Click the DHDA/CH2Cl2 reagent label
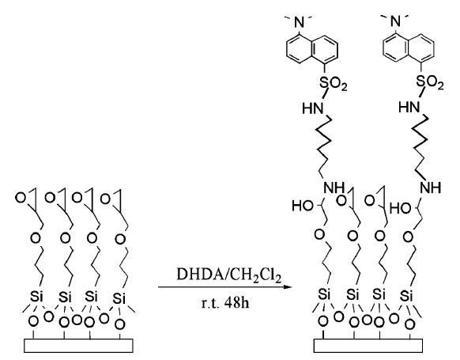pos(229,275)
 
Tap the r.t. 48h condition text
pos(225,302)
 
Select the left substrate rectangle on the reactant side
pos(78,346)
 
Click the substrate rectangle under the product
pos(368,346)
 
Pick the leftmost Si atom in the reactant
pos(36,297)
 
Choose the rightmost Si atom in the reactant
pos(119,298)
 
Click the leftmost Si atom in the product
pos(325,294)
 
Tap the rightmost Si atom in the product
pos(406,296)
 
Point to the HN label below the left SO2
pos(313,108)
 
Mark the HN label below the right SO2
pos(409,107)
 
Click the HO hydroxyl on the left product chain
pos(303,206)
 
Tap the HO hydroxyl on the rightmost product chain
pos(401,208)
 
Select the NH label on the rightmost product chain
pos(431,188)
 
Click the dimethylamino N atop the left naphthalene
pos(299,22)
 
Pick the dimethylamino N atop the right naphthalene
pos(396,21)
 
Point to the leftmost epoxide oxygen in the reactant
pos(21,198)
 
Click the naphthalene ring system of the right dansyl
pos(409,49)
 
